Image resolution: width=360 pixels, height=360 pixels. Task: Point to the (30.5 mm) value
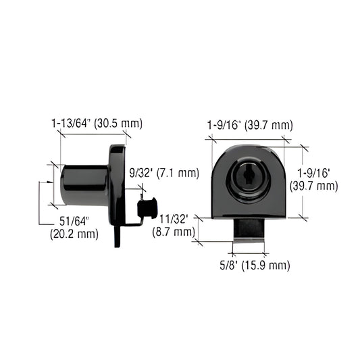119,124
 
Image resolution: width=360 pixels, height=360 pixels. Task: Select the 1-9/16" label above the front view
225,125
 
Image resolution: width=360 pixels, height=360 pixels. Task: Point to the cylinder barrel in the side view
84,184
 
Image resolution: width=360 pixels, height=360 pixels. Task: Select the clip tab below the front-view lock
249,229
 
